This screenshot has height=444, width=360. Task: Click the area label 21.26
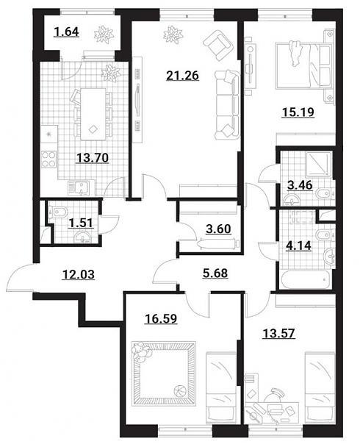pos(182,76)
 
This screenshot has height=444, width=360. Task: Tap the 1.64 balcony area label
pos(67,32)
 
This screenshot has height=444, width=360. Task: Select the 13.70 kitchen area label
pos(93,158)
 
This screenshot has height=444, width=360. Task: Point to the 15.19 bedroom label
pos(298,112)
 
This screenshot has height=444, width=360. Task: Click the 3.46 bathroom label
pos(300,185)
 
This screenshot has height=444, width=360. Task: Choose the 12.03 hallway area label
pos(78,274)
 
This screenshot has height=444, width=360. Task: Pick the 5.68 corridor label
pos(215,273)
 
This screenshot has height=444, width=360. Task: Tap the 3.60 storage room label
pos(218,229)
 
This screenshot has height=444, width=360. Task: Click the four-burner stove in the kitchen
pos(49,159)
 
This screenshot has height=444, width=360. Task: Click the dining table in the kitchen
pos(93,114)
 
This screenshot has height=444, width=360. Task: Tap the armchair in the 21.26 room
pos(218,46)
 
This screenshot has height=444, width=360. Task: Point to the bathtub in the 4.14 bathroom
pos(306,279)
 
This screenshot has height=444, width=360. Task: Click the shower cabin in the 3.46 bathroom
pos(319,164)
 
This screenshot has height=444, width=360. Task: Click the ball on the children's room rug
pos(178,390)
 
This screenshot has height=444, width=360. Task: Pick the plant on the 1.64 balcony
pos(104,35)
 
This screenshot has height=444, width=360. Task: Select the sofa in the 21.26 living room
pos(227,105)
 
